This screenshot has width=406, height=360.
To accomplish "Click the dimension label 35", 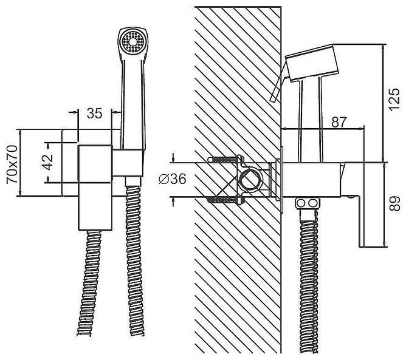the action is (x=94, y=114).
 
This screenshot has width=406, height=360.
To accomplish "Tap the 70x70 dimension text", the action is (x=12, y=165).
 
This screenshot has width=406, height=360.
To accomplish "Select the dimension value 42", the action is (x=47, y=162).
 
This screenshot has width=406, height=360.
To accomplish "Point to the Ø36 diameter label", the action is (x=173, y=178).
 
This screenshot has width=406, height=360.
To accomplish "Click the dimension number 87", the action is (x=339, y=122).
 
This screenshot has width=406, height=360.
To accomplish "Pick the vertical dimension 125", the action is (x=394, y=100).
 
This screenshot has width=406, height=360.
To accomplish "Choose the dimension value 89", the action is (x=395, y=204).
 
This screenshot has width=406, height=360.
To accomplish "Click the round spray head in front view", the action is (x=133, y=42).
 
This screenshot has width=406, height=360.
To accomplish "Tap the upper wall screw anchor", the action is (x=225, y=159).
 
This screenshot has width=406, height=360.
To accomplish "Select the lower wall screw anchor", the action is (x=225, y=199).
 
